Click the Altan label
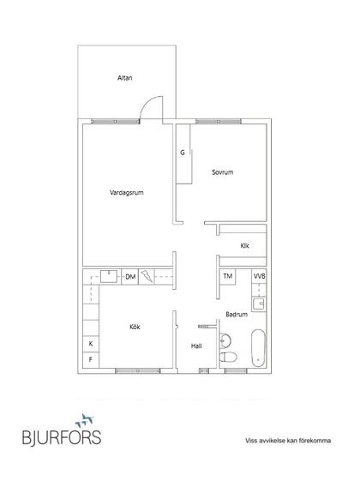[x=125, y=78]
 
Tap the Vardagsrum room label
[x=127, y=193]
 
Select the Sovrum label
[x=223, y=172]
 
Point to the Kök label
[x=135, y=327]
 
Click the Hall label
[x=196, y=346]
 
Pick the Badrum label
[x=237, y=314]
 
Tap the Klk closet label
[x=244, y=246]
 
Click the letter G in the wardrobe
[x=183, y=153]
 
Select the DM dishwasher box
[x=130, y=277]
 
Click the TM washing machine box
[x=227, y=276]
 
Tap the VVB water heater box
[x=259, y=276]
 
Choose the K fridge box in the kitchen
[x=91, y=344]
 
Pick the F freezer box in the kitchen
[x=91, y=359]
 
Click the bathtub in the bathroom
[x=258, y=348]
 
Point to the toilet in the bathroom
[x=228, y=358]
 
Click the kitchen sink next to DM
[x=109, y=276]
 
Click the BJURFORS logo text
[x=62, y=437]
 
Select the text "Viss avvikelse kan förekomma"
[x=288, y=441]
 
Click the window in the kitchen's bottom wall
[x=137, y=371]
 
